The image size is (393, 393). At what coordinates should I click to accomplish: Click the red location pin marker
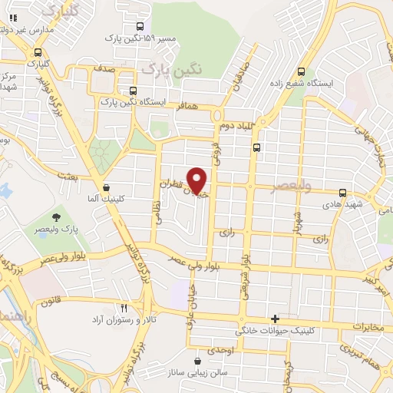[x=197, y=180]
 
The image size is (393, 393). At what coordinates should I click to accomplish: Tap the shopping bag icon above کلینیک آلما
[x=105, y=187]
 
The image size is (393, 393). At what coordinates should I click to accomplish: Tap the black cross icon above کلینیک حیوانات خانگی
[x=275, y=319]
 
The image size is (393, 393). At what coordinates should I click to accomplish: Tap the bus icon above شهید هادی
[x=342, y=193]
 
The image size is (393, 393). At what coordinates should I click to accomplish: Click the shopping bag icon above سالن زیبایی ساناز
[x=198, y=361]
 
